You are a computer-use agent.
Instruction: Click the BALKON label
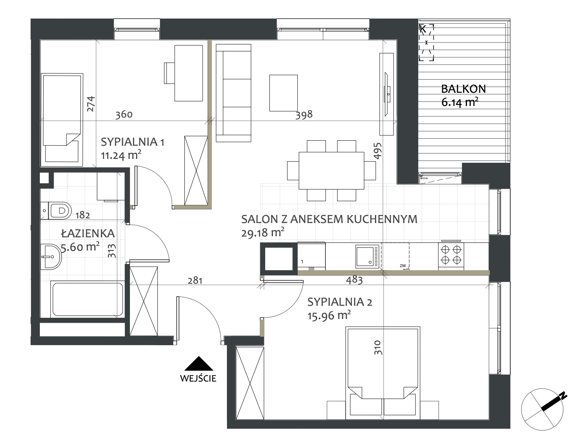tap(464, 89)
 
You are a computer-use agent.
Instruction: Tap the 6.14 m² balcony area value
tap(460, 102)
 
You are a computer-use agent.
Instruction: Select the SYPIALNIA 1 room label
tap(133, 142)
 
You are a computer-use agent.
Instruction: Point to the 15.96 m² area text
tap(329, 315)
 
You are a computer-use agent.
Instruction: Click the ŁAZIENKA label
tap(88, 233)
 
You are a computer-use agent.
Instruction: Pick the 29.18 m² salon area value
tap(263, 233)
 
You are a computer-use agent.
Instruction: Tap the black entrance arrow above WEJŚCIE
tap(199, 363)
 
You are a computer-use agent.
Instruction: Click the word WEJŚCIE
tap(198, 378)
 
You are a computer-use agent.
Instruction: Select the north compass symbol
tap(542, 409)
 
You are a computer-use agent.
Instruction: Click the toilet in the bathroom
tap(56, 211)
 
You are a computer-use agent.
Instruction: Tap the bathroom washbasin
tap(51, 256)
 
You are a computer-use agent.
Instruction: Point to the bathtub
tap(88, 300)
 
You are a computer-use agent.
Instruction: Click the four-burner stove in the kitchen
tap(451, 255)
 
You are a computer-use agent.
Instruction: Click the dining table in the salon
tap(331, 170)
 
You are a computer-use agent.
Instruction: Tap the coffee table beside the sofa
tap(283, 93)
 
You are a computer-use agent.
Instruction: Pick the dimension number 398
tap(304, 115)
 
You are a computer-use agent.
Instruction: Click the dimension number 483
tap(354, 280)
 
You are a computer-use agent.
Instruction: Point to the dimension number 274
tap(91, 104)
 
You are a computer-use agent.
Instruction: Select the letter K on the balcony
tap(423, 29)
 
